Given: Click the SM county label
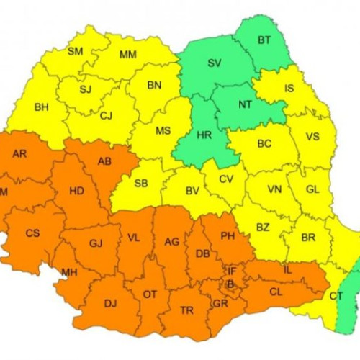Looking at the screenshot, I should [75, 51].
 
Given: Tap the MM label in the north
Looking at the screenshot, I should [128, 55].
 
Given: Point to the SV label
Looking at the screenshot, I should [215, 63].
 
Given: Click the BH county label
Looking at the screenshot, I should [42, 107].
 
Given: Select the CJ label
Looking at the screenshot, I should [107, 115].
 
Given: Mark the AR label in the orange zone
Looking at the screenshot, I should [20, 153].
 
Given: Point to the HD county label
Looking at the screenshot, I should [76, 192].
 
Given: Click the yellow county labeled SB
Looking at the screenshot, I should [141, 184].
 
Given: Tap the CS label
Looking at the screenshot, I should [32, 233].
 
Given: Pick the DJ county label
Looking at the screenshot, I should [110, 303].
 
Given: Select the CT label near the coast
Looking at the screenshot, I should [336, 296].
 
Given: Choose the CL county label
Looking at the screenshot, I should [275, 292].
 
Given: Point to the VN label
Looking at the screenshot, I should [274, 189].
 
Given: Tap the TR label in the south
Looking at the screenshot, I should [186, 310].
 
